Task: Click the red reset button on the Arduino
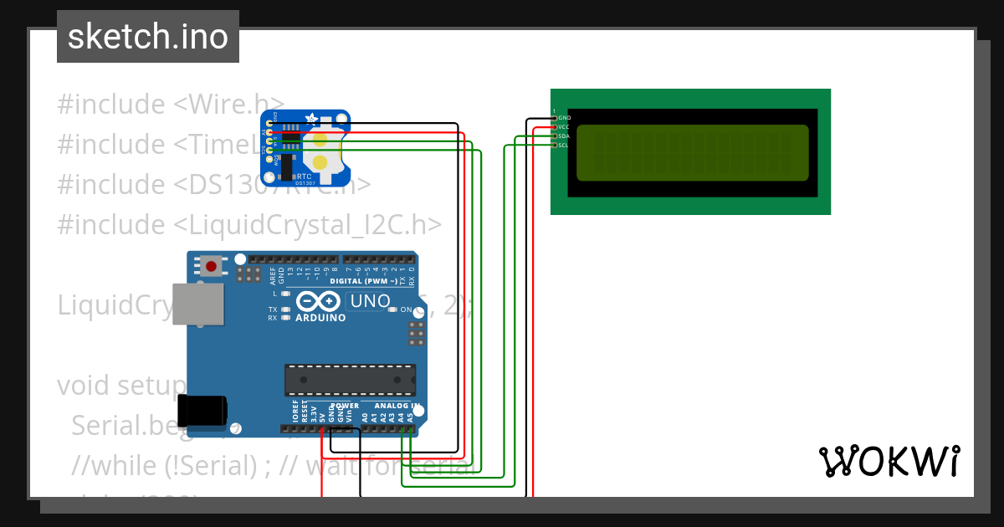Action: pyautogui.click(x=211, y=267)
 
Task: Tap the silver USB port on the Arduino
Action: pyautogui.click(x=199, y=304)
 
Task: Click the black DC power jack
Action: pyautogui.click(x=205, y=410)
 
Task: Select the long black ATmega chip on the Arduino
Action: pyautogui.click(x=350, y=379)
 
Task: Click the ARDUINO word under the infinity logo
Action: pyautogui.click(x=320, y=318)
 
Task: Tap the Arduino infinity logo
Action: pyautogui.click(x=320, y=301)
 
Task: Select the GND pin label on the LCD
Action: pyautogui.click(x=564, y=118)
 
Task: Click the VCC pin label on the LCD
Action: pyautogui.click(x=564, y=127)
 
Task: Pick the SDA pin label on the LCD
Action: pyautogui.click(x=564, y=136)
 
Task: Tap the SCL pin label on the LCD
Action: pyautogui.click(x=564, y=145)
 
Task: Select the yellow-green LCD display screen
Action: pyautogui.click(x=692, y=152)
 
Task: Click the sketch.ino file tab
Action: pyautogui.click(x=148, y=37)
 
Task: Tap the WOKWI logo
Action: pyautogui.click(x=889, y=462)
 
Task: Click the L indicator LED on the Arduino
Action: pyautogui.click(x=286, y=294)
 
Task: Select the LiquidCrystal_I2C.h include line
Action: pyautogui.click(x=249, y=224)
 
